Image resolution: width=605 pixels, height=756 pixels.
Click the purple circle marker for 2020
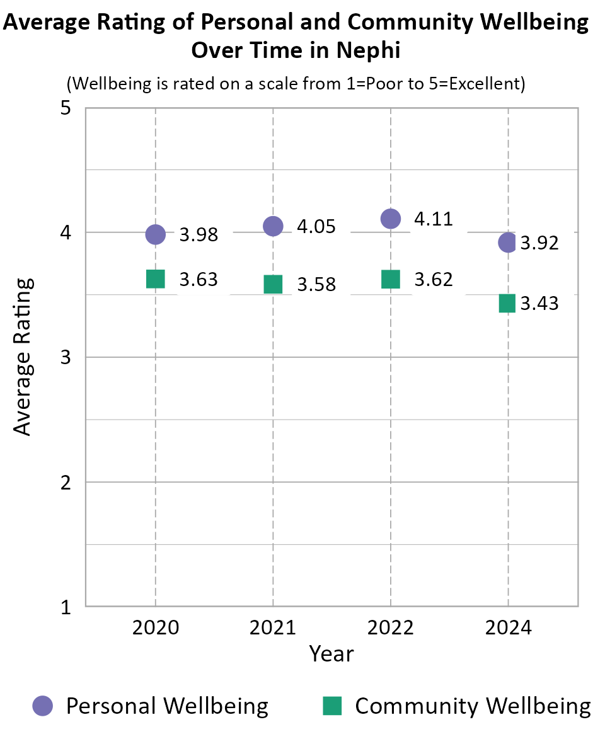pos(155,234)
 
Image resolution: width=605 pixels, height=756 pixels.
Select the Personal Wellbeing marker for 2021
pos(273,226)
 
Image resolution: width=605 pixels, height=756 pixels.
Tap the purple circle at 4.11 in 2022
pos(391,219)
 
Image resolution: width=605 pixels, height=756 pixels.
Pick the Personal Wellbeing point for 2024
pos(508,242)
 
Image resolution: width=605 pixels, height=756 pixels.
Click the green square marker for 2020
pos(155,278)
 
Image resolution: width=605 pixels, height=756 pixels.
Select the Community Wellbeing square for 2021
pos(273,284)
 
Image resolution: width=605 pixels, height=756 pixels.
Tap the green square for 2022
pos(391,279)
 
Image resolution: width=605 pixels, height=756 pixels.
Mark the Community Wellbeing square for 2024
pos(508,303)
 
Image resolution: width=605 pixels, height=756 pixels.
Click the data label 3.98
pos(199,235)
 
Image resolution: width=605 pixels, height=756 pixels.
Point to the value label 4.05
pos(316,226)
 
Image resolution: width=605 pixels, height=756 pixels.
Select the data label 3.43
pos(539,304)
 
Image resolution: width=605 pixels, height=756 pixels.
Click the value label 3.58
pos(316,285)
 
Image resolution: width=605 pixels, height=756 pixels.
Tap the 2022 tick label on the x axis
pos(391,628)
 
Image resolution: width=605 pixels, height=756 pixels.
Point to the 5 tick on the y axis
pos(66,108)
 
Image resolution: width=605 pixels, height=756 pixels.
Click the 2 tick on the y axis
pos(66,483)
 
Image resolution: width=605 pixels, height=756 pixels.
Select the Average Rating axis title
pos(23,357)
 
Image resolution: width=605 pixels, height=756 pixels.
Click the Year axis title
pos(331,654)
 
